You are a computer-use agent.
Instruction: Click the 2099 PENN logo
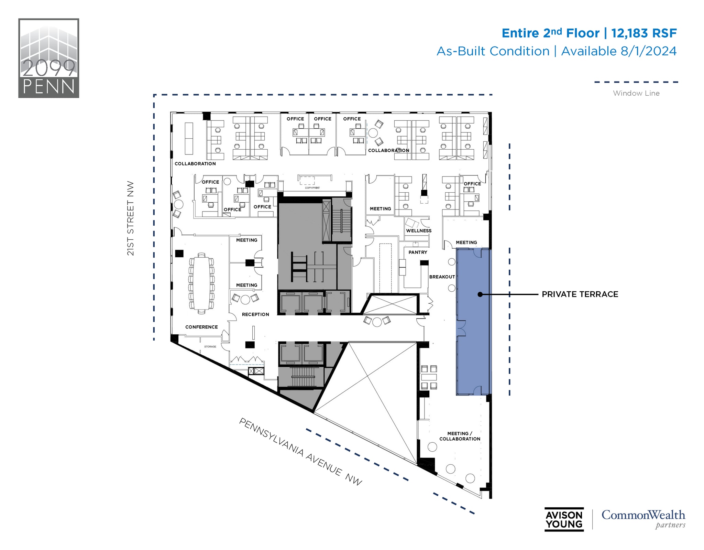coord(48,58)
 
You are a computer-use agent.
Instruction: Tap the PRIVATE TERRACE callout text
coord(580,294)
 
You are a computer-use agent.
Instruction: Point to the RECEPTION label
coord(255,314)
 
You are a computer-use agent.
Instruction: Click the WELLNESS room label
coord(419,231)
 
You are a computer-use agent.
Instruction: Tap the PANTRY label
coord(418,252)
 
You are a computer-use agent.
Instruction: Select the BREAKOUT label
coord(442,277)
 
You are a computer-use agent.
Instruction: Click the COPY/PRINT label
coord(312,188)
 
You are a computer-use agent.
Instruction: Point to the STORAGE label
coord(210,346)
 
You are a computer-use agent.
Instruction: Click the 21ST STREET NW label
coord(130,218)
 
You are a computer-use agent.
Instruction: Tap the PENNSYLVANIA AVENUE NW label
coord(300,452)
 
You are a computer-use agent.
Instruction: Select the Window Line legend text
coord(636,93)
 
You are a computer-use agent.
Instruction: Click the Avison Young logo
coord(564,519)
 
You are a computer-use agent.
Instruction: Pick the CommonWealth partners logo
coord(643,519)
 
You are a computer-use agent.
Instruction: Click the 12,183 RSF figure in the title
coord(644,33)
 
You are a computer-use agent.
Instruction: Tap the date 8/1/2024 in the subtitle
coord(648,51)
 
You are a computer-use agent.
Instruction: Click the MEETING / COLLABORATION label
coord(460,436)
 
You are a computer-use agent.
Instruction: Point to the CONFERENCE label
coord(201,327)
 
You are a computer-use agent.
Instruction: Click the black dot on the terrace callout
coord(480,294)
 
